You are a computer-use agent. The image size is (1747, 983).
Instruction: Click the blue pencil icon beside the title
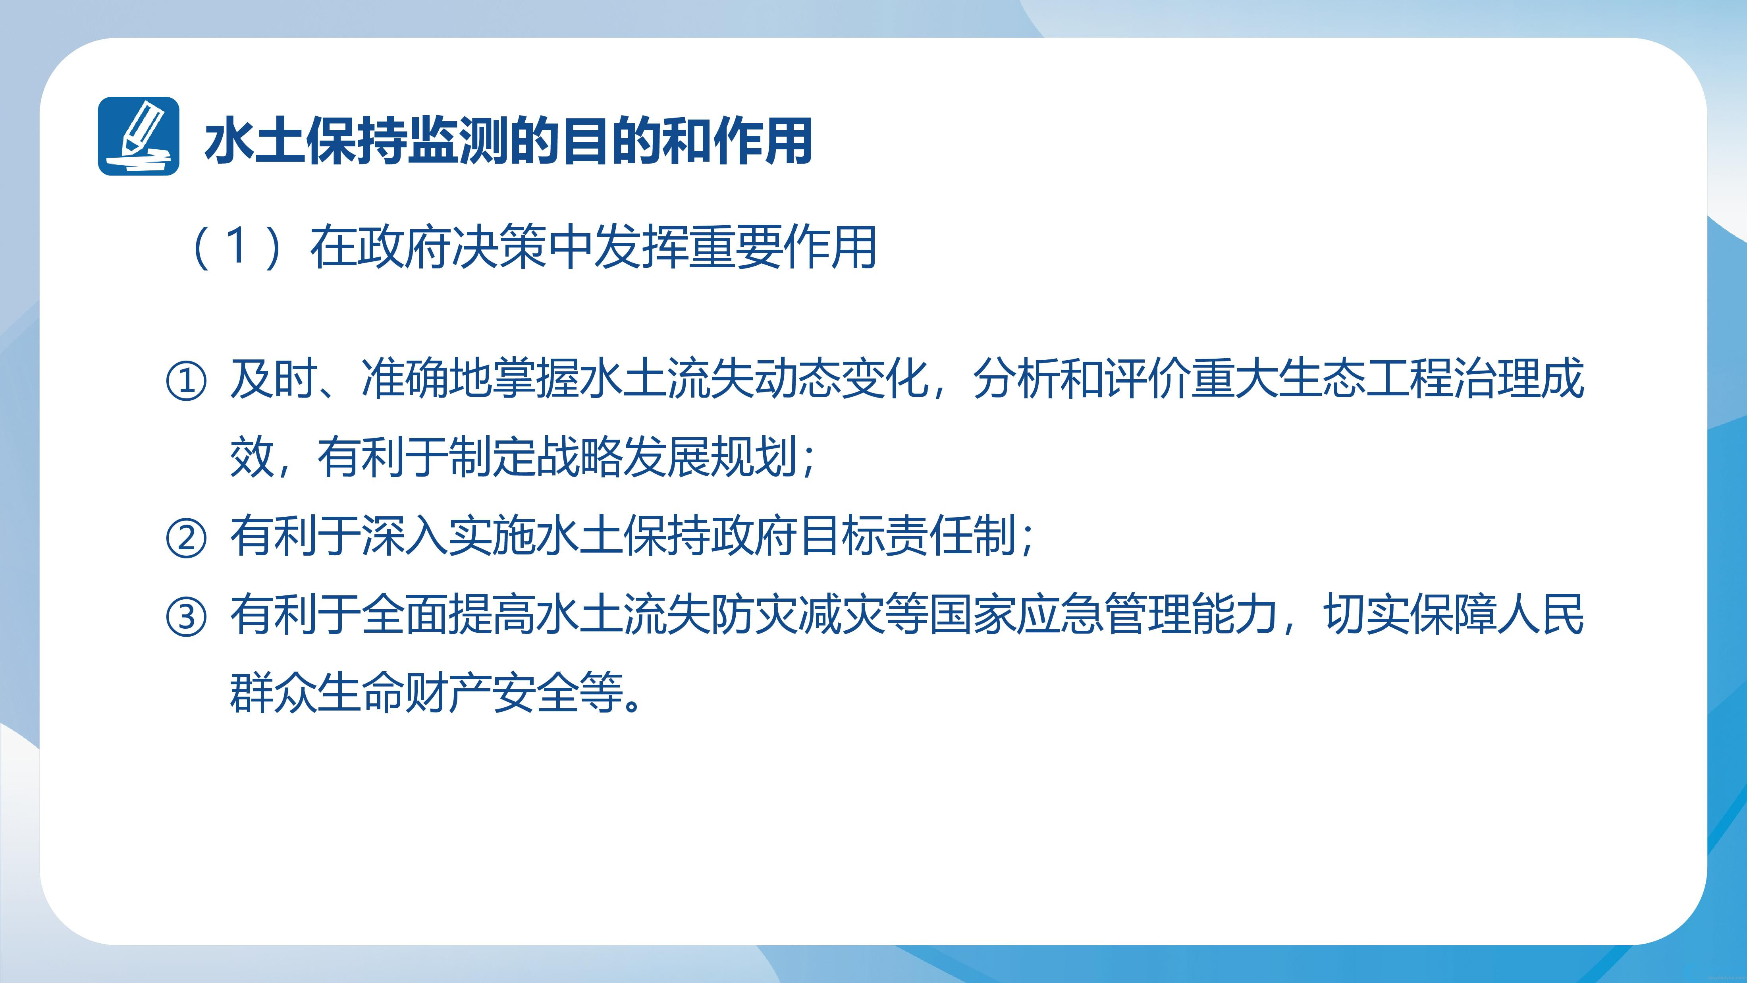[x=138, y=136]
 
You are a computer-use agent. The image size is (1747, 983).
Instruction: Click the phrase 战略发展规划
[x=667, y=457]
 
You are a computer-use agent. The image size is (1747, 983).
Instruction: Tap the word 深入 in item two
[x=405, y=536]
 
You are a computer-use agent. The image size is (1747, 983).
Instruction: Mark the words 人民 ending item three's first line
[x=1541, y=615]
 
